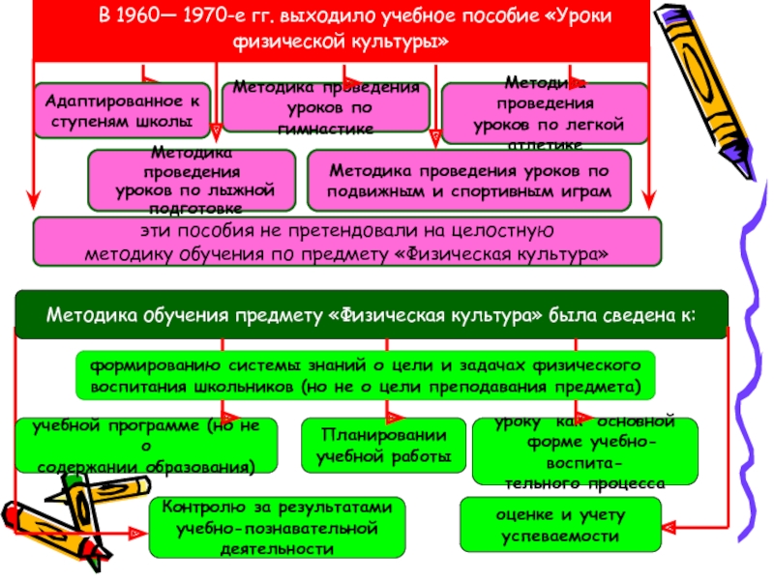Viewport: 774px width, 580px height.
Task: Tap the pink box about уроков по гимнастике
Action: point(325,106)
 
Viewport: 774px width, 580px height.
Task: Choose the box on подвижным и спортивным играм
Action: point(469,181)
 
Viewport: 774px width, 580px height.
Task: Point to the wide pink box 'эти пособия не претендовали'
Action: point(347,242)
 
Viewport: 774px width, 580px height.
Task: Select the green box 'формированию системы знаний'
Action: point(366,376)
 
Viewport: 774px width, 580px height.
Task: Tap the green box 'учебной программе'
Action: point(146,446)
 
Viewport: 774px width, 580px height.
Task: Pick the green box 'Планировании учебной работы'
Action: point(384,446)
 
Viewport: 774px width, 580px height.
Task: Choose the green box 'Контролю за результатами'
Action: point(277,527)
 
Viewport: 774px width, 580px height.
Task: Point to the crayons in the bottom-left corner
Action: point(58,532)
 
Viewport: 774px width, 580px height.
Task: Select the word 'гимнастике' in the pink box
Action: point(326,129)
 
